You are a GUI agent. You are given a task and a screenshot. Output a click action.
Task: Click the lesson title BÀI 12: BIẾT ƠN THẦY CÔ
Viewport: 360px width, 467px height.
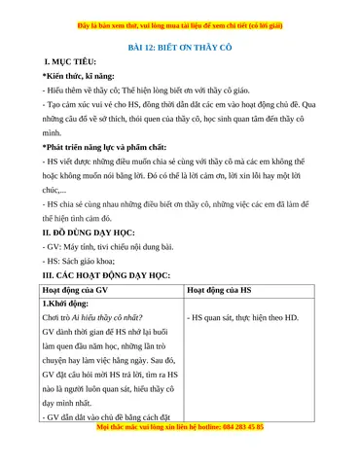(179, 45)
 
